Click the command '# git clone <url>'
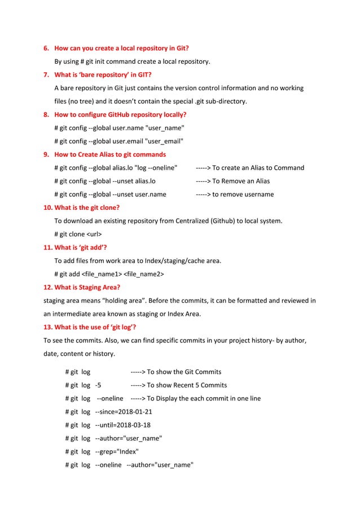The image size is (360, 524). [78, 234]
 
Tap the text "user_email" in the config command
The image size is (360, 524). [164, 141]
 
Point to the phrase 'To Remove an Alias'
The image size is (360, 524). [241, 181]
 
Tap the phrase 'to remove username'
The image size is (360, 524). [243, 195]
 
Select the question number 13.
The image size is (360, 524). [48, 327]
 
